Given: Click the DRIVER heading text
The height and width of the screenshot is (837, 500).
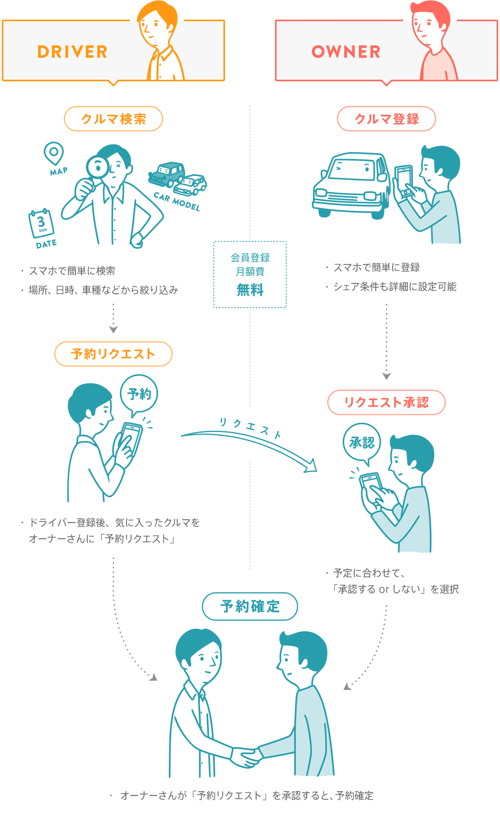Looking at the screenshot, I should coord(72,52).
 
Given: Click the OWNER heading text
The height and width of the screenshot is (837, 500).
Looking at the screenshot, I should coord(346,52).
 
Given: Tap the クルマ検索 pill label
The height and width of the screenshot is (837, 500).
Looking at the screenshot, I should coord(113,119).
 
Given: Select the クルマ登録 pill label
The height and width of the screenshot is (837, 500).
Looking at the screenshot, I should coord(386,119).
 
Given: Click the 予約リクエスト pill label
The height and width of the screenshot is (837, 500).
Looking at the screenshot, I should coord(113,354).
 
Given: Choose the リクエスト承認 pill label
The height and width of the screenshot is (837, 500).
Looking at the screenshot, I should coord(386,402).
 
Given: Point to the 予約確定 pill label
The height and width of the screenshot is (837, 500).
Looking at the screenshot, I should coord(250,606).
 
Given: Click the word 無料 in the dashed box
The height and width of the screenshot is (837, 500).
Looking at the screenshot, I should coord(250,290).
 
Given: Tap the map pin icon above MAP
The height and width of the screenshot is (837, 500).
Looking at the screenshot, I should coord(54,153).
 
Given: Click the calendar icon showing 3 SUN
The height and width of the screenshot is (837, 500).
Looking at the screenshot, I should coord(41,223).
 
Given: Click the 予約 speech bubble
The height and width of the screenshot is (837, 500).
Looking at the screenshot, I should coord(139,394).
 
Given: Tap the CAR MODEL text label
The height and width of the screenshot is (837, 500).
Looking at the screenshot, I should coord(177,201).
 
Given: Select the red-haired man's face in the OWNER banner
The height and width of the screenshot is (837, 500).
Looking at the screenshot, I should coord(427,25).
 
